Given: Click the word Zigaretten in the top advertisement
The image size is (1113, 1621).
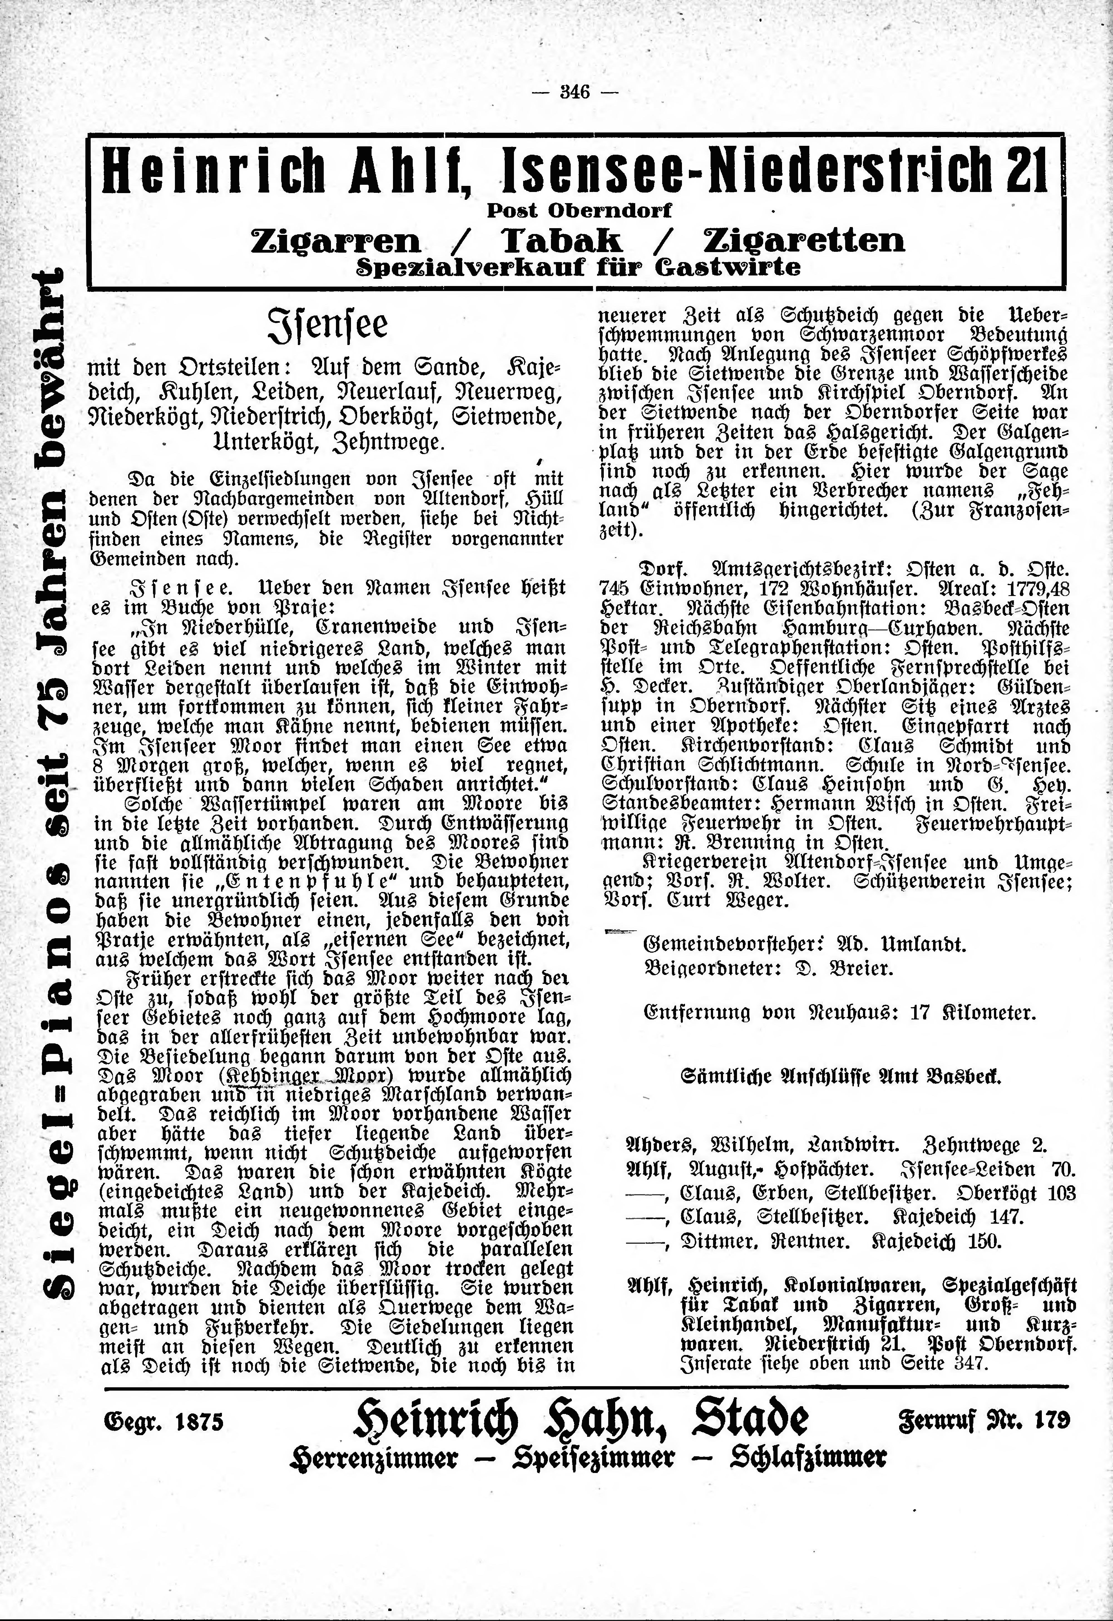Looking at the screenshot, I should pos(804,241).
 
